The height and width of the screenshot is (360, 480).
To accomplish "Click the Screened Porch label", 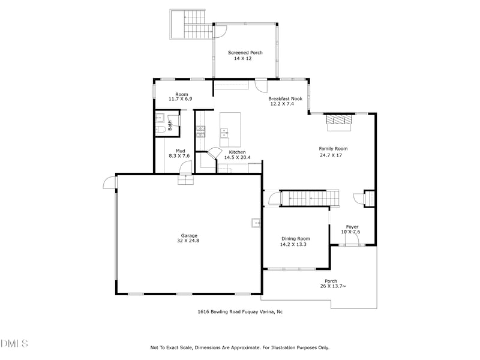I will pos(245,53).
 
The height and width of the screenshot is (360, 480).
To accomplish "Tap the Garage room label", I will pos(190,236).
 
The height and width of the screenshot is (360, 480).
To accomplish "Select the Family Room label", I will pos(333,149).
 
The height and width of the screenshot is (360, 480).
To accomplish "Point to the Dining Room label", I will pos(295,239).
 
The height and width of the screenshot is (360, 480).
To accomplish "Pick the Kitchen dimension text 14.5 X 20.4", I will pos(237,158).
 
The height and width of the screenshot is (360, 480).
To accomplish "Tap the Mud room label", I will pos(180,151).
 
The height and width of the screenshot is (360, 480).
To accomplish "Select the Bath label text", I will pos(170,125).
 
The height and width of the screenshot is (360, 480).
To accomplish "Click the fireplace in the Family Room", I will pos(339,121).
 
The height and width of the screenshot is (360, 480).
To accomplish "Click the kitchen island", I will pos(230,129).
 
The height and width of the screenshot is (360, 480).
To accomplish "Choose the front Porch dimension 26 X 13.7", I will pos(333,287).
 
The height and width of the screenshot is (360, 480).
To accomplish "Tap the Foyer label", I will pos(352,227).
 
